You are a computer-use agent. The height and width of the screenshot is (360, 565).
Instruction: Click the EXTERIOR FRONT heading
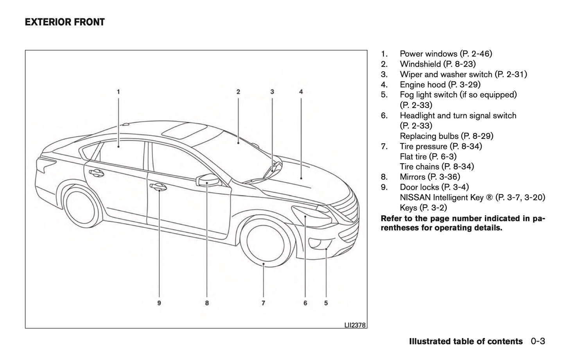(65, 22)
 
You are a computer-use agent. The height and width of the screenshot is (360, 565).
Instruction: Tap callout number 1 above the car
(118, 92)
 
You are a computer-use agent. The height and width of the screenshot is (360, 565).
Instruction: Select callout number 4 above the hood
(301, 92)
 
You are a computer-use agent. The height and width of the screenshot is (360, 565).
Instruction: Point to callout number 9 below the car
(159, 302)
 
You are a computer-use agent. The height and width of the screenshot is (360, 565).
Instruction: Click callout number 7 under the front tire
(264, 302)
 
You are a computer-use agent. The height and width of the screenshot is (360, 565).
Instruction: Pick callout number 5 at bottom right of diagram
(326, 302)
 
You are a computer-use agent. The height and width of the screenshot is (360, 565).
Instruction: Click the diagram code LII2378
(355, 325)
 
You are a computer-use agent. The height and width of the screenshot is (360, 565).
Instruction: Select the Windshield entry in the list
(420, 64)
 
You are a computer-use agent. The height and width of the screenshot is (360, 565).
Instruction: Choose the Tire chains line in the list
(437, 167)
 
